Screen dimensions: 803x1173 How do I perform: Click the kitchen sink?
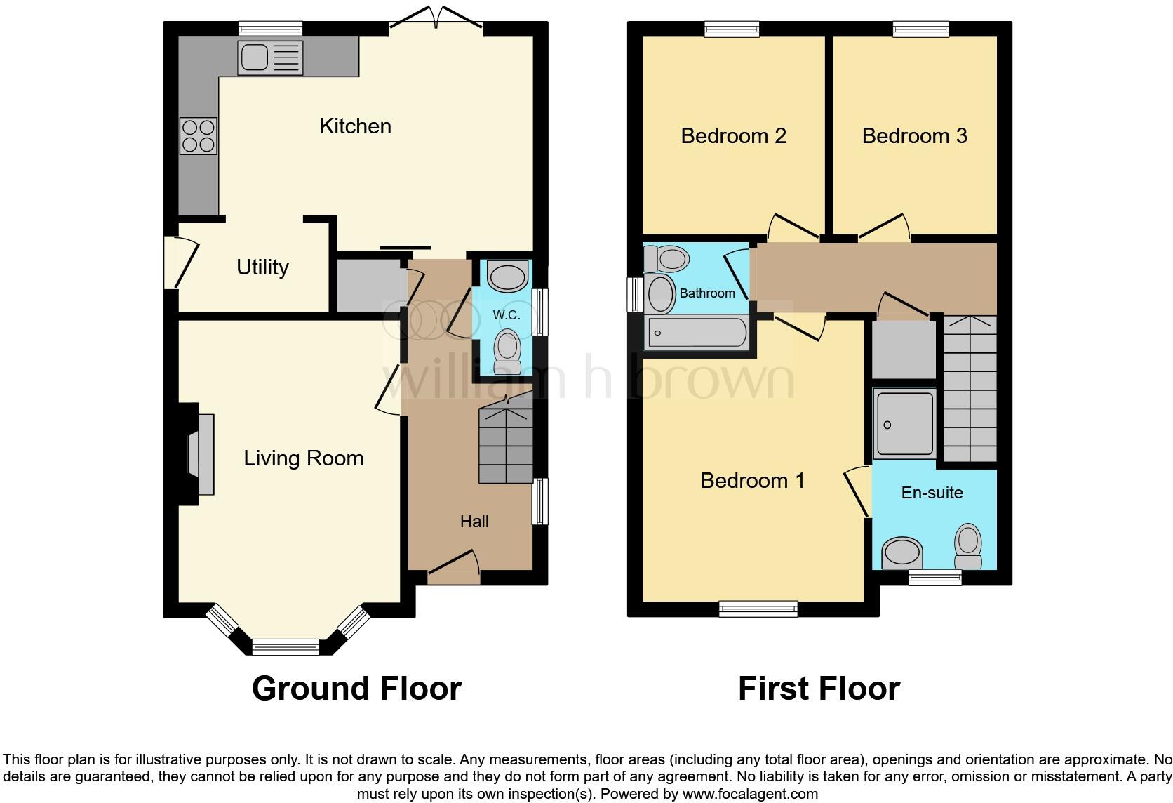tap(270, 58)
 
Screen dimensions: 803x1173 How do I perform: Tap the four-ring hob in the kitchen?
tap(199, 136)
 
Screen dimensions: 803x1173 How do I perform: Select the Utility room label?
tap(262, 267)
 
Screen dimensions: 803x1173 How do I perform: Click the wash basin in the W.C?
tap(507, 277)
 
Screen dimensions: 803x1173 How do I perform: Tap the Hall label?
tap(474, 522)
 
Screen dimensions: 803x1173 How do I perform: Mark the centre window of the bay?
tap(286, 646)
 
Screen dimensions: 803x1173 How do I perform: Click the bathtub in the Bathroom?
tap(697, 333)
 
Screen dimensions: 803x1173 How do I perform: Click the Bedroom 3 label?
tap(914, 136)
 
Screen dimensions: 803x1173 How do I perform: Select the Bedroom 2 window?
tap(732, 29)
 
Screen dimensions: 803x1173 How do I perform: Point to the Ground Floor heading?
tap(356, 689)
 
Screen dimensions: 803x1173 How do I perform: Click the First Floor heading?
tap(819, 689)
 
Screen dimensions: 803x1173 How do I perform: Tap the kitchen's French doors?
tap(436, 21)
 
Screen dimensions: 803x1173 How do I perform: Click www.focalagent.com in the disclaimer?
tap(750, 795)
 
